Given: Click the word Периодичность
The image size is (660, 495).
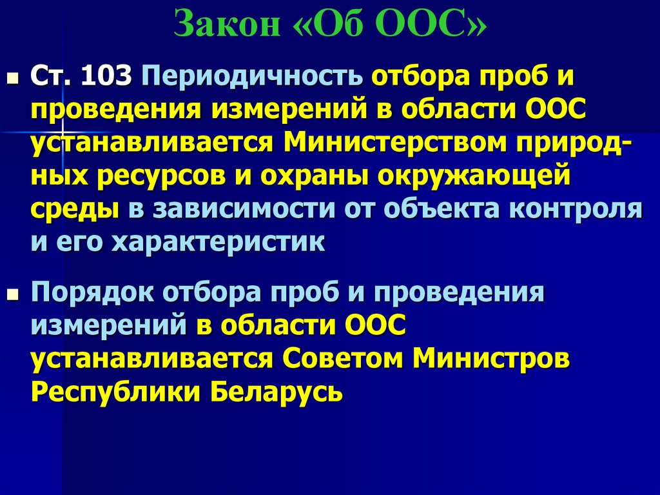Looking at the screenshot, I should tap(252, 77).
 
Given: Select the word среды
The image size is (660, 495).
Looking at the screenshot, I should tap(74, 209).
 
